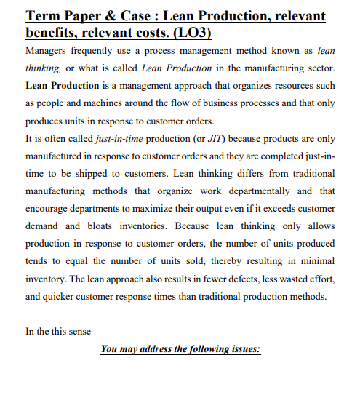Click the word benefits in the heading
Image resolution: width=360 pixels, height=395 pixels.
[51, 33]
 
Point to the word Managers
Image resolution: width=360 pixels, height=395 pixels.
[46, 52]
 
